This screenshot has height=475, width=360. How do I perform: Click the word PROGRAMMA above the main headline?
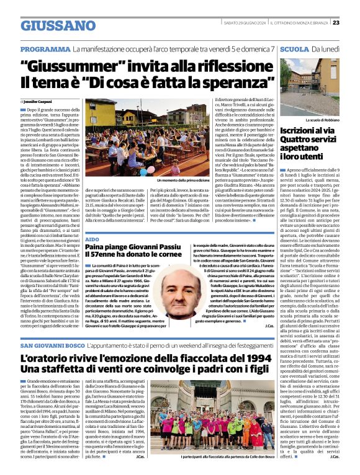(45, 48)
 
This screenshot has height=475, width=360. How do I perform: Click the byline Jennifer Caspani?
(39, 101)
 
